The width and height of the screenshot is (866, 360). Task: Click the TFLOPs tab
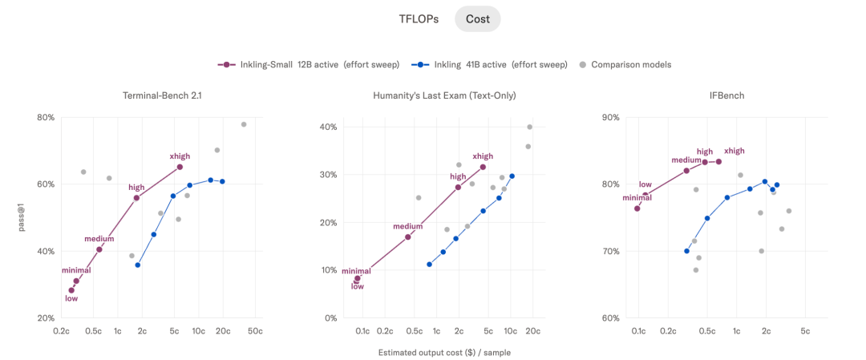click(419, 18)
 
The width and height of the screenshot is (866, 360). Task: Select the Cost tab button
click(478, 18)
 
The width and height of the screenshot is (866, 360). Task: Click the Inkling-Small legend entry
click(309, 65)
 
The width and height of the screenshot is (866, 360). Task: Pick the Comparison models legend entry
click(625, 65)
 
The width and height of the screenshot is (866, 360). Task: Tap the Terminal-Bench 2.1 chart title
click(161, 95)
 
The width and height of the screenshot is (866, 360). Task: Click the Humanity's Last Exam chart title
click(444, 95)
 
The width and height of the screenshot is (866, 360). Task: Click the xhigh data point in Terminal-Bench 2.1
click(180, 167)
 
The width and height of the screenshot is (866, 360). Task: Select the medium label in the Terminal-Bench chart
click(99, 239)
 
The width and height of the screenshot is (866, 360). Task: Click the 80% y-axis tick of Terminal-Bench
click(45, 118)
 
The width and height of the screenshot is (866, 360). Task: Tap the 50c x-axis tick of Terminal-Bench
click(255, 331)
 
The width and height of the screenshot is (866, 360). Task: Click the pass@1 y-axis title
click(22, 217)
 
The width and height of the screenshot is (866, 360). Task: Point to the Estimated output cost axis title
click(444, 352)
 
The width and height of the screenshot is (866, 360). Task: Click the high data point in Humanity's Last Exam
click(458, 187)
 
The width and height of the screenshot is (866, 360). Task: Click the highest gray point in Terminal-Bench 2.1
click(244, 124)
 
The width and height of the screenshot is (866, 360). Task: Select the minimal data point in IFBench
click(637, 208)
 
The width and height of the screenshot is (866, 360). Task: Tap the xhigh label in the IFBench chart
click(734, 151)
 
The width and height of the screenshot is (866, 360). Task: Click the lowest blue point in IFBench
click(686, 251)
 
